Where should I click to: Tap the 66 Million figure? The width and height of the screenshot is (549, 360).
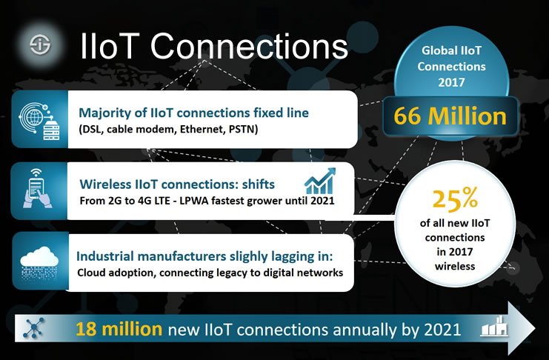[x=450, y=116]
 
